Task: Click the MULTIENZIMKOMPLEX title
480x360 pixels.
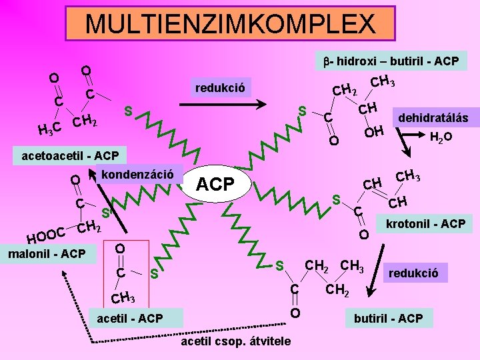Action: pos(230,24)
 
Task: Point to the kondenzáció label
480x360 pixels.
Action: pos(140,174)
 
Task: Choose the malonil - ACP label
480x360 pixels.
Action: pos(46,253)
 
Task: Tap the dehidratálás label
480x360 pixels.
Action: pos(433,119)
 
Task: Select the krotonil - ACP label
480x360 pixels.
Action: pos(425,223)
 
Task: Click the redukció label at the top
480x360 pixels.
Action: pos(219,87)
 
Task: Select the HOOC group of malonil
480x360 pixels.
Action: pos(45,235)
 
